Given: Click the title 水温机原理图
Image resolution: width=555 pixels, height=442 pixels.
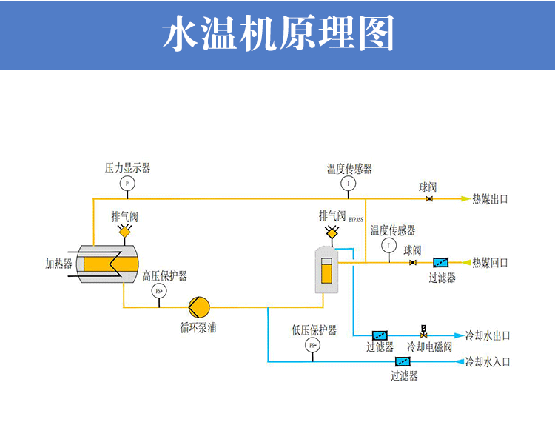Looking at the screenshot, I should (x=277, y=34).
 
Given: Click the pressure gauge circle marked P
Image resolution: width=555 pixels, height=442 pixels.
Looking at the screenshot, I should (x=127, y=182).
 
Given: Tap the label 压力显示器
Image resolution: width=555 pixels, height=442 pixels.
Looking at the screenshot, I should (x=127, y=168).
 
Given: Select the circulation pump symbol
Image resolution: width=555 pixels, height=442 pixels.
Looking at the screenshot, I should (x=200, y=306).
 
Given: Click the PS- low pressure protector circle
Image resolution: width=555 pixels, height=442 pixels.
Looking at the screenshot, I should (x=312, y=345).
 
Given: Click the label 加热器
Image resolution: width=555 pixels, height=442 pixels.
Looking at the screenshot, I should (x=58, y=264).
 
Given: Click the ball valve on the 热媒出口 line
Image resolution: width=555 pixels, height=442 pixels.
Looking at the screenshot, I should (x=428, y=199).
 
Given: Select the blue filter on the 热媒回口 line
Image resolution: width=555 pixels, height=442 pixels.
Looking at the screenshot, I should (x=440, y=263).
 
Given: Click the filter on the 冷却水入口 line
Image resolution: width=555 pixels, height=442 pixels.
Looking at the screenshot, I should (x=403, y=362).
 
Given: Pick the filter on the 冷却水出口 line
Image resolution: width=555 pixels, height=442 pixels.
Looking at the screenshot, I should (x=380, y=335).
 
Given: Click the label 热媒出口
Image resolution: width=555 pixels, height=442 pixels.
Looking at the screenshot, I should (x=490, y=199).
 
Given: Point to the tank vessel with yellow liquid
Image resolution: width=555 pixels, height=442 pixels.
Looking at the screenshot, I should (x=326, y=269).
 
